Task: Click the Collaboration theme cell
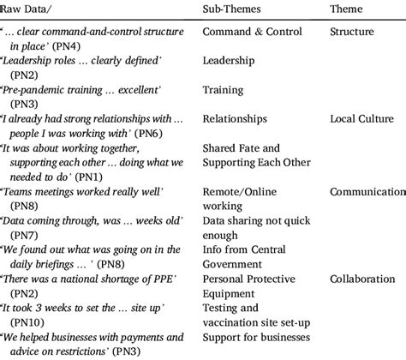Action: coord(364,279)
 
